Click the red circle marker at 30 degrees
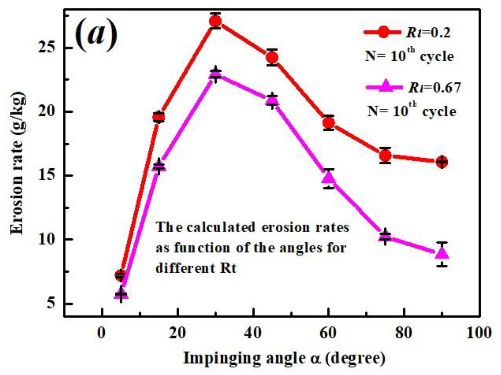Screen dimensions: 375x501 [215, 21]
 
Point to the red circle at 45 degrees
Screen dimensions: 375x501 [272, 57]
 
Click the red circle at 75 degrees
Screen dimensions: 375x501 [385, 156]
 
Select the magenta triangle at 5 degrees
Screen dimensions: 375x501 [121, 294]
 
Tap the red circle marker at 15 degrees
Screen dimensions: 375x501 [159, 117]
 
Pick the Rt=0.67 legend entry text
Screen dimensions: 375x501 [434, 87]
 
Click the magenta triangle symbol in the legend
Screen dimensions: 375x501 [384, 86]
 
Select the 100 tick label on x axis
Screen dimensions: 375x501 [479, 333]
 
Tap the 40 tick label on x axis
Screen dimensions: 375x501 [253, 333]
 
